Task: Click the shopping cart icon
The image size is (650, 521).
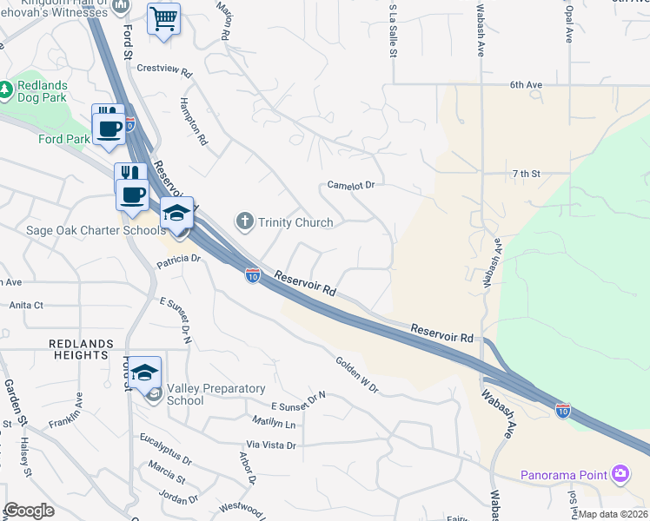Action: coord(163,18)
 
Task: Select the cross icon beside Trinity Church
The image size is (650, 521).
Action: coord(244,222)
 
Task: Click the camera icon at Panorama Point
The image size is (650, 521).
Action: coord(620,474)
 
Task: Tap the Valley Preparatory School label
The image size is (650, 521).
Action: coord(209,394)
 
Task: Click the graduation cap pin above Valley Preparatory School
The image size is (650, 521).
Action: coord(145,373)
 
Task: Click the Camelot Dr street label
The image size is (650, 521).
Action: coord(350,185)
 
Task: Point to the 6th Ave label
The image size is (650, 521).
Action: coord(526,85)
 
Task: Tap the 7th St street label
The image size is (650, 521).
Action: coord(526,174)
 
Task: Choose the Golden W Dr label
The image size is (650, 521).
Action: coord(357,374)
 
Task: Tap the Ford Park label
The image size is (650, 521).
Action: coord(64,138)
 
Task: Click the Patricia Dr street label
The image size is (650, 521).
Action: coord(178,259)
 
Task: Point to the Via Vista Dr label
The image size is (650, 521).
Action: coord(270,445)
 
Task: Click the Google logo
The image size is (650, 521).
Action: coord(30,511)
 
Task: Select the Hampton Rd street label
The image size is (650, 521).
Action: coord(193,120)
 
